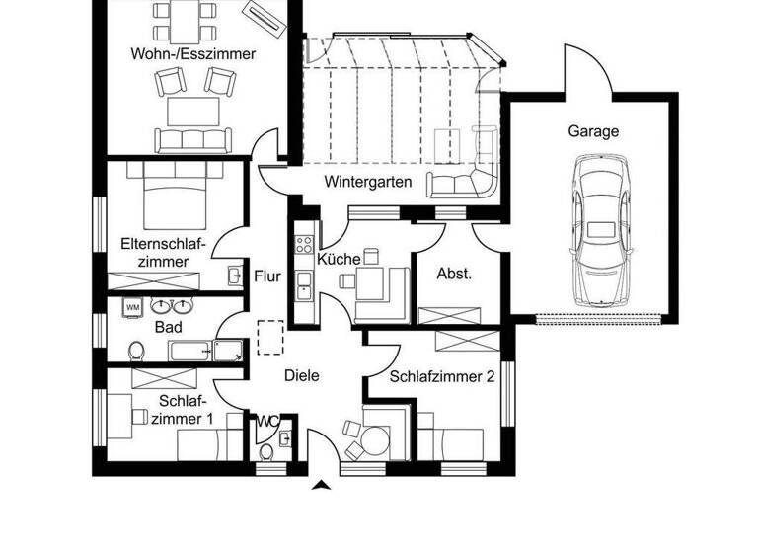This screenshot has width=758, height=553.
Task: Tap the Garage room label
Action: (x=593, y=130)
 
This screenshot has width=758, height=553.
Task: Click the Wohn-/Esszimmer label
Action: (x=192, y=53)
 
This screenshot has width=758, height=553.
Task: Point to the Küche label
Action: (x=339, y=259)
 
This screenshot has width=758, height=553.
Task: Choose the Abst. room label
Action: (x=454, y=274)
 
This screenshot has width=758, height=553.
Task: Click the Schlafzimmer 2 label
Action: (x=441, y=376)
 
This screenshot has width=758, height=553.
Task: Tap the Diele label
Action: (x=301, y=375)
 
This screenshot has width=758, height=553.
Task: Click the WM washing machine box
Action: (x=132, y=307)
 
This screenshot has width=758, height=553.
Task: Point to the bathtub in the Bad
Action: (x=205, y=351)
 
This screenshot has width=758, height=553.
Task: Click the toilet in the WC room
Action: (x=265, y=452)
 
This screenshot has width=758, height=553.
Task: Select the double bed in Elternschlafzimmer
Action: (x=178, y=195)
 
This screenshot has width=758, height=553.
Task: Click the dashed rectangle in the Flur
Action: (x=270, y=337)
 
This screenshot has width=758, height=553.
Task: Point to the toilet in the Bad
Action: (x=138, y=350)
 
